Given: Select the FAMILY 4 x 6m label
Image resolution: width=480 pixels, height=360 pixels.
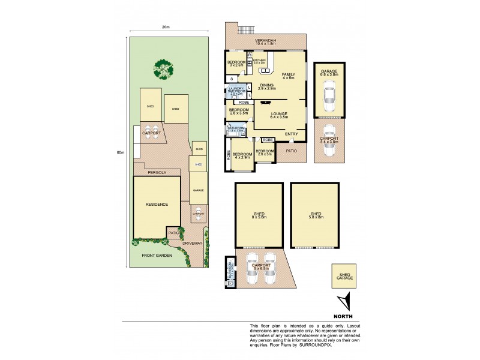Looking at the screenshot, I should tap(289, 76).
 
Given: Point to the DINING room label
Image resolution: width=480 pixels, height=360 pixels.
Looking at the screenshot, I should tap(266, 86).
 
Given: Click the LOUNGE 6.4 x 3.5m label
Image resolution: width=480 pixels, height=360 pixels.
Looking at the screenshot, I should tap(280, 115).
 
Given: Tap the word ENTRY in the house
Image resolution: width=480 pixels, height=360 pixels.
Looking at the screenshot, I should tap(292, 133).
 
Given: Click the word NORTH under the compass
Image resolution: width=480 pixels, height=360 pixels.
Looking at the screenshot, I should tap(344, 316).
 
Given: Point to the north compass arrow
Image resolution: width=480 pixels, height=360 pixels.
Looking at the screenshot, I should tap(343, 302).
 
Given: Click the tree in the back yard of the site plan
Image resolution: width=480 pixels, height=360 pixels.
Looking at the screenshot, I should tap(163, 68).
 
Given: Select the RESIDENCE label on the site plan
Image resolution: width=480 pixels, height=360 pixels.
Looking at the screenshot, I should tap(157, 204).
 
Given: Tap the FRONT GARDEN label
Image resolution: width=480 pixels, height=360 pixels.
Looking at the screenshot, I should tap(157, 256).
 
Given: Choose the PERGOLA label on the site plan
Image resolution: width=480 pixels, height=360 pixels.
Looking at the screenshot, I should tap(157, 172).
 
